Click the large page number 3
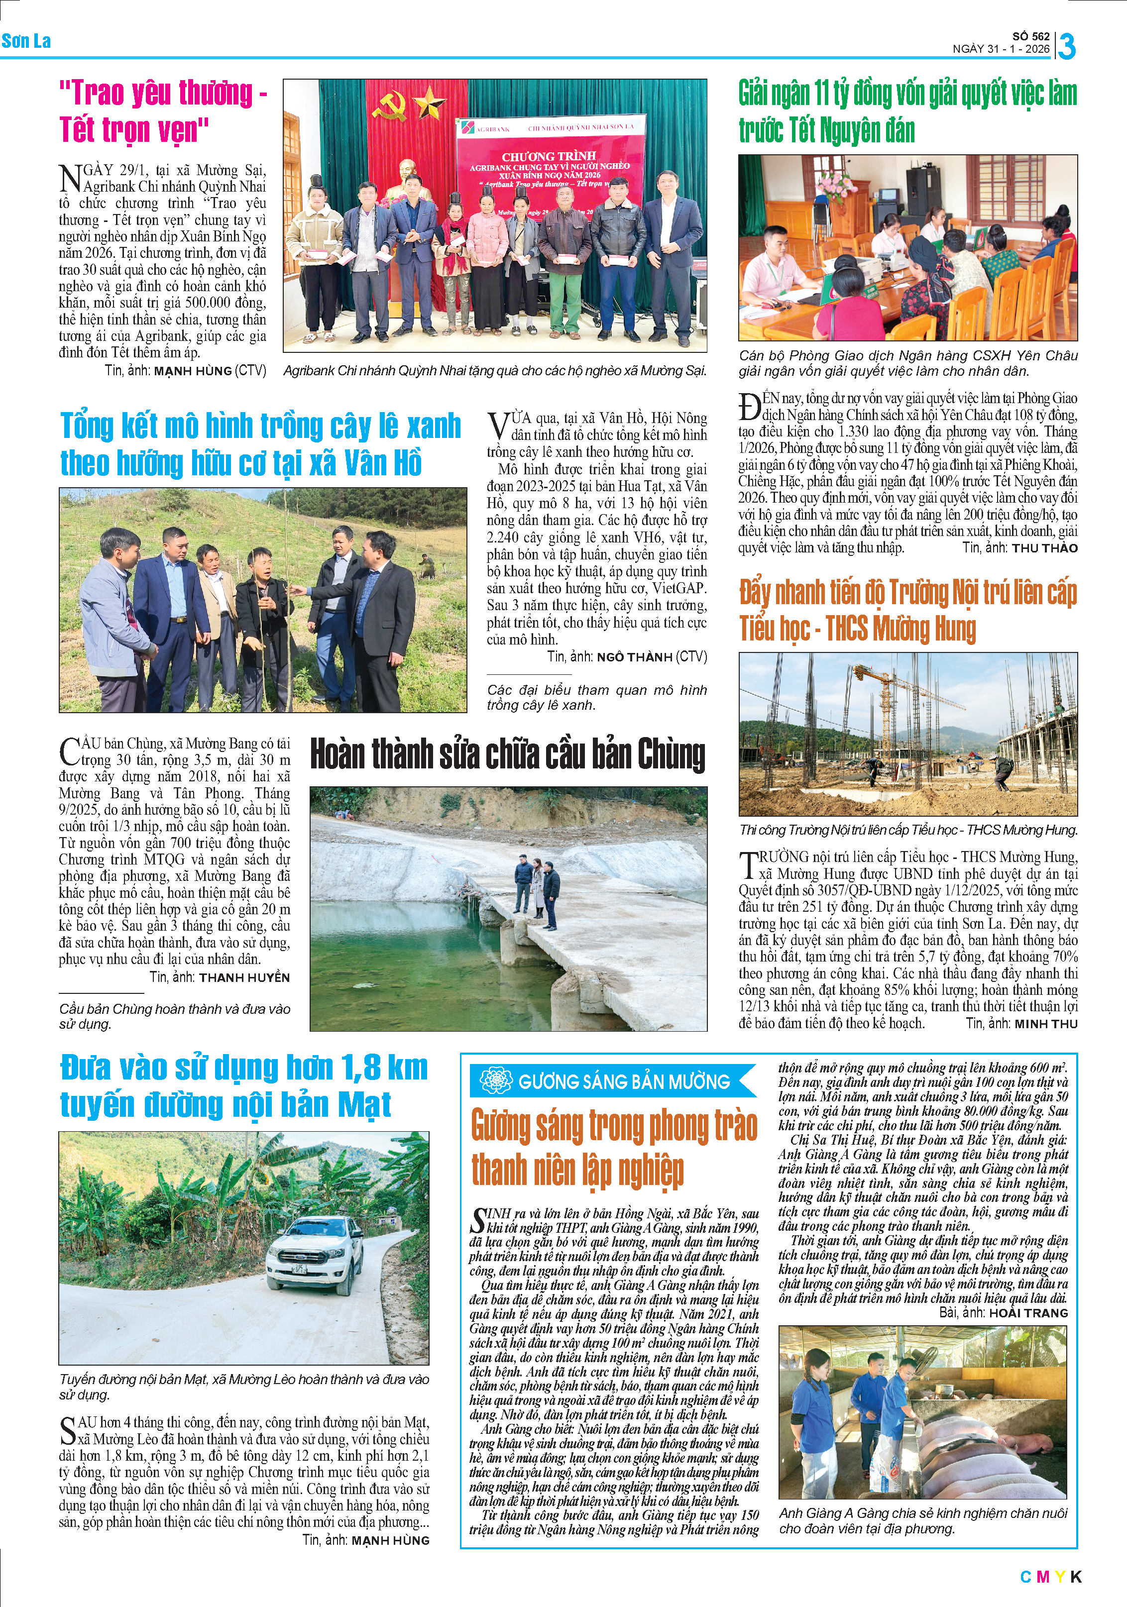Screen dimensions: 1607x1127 pyautogui.click(x=1067, y=46)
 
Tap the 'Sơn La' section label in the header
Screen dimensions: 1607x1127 pyautogui.click(x=26, y=41)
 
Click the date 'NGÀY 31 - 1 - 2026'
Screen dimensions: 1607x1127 pyautogui.click(x=1001, y=49)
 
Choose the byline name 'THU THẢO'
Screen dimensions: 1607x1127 pyautogui.click(x=1044, y=548)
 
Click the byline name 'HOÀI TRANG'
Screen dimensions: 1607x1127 pyautogui.click(x=1028, y=1313)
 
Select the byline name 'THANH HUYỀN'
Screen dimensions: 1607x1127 pyautogui.click(x=244, y=977)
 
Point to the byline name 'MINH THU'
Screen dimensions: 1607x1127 pyautogui.click(x=1046, y=1023)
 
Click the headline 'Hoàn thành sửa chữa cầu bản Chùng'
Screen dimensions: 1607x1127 pyautogui.click(x=508, y=754)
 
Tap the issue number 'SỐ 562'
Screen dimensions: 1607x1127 pyautogui.click(x=1030, y=36)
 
